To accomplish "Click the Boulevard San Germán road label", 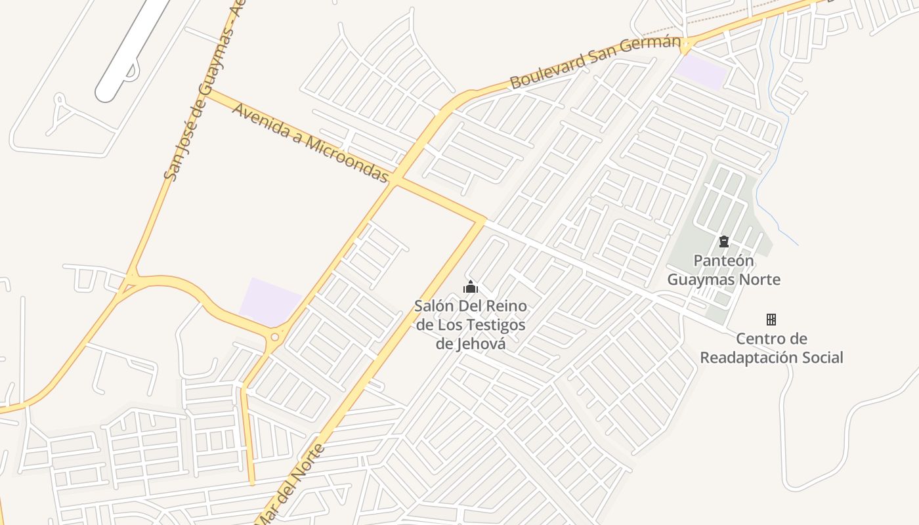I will click(x=595, y=62).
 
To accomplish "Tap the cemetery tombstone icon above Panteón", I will click(x=724, y=241).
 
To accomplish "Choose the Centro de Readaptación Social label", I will click(x=771, y=348).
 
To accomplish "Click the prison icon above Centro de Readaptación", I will click(x=771, y=320).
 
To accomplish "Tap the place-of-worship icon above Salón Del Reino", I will click(x=471, y=287).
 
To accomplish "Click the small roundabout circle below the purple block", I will click(x=274, y=337).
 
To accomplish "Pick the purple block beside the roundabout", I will click(x=269, y=302).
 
